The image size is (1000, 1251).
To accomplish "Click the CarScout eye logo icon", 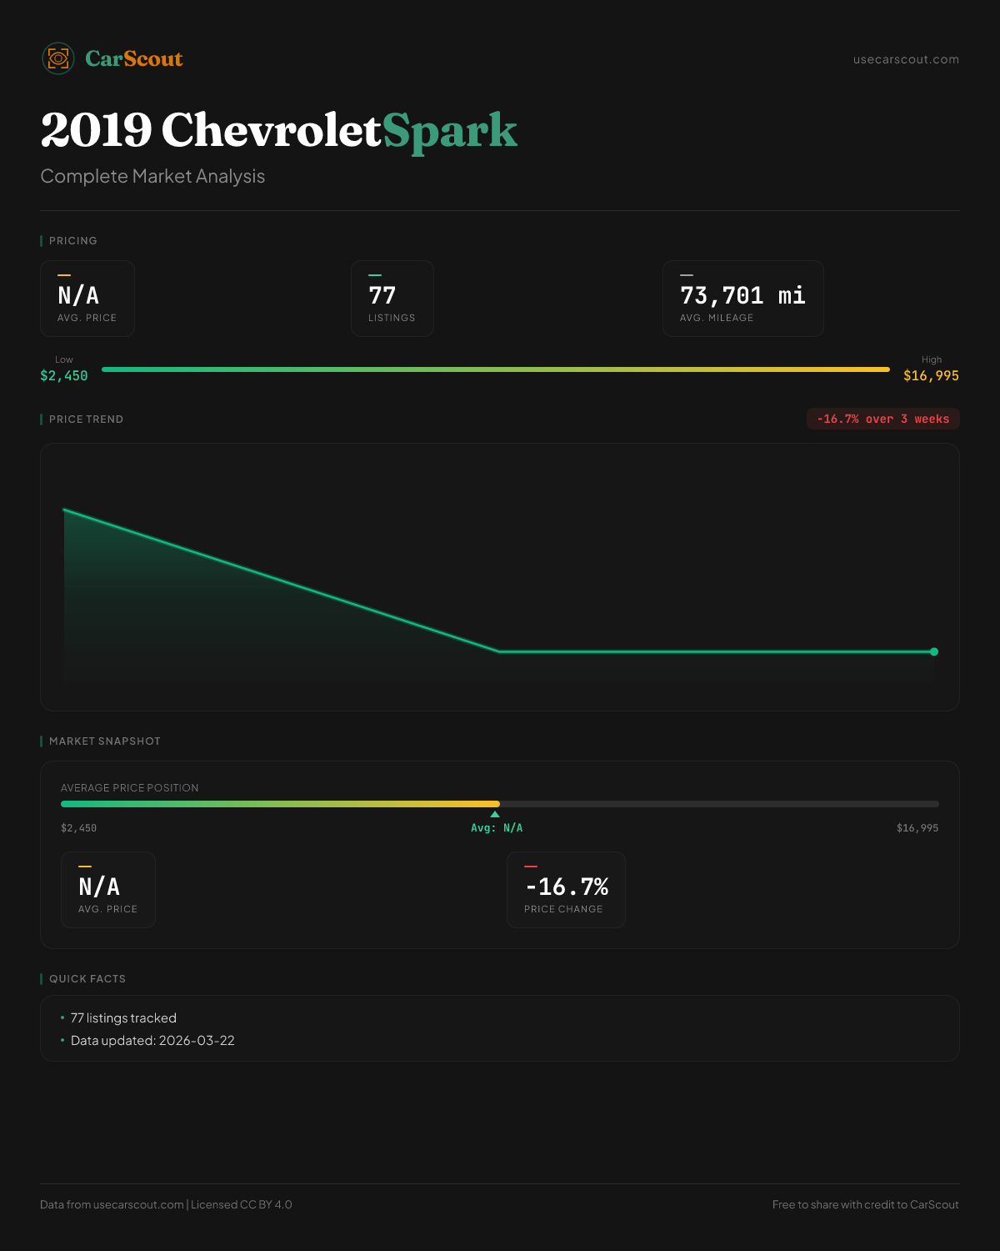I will click(x=58, y=58).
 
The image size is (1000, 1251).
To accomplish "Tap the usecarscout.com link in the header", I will click(x=906, y=60).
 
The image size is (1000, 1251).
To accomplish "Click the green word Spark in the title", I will click(x=450, y=131).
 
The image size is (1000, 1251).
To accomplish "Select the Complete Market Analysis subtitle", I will click(x=152, y=177).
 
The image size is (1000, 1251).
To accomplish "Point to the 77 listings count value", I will click(x=382, y=296).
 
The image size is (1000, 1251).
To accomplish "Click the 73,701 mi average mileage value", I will click(x=742, y=296).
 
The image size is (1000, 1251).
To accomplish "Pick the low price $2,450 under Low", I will click(x=64, y=376).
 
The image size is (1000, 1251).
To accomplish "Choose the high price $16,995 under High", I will click(x=931, y=376).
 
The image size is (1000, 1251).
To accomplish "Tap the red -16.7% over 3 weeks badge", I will click(x=882, y=420).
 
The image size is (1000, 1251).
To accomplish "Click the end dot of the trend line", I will click(x=934, y=652).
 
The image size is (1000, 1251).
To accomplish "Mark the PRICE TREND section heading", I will click(x=86, y=420).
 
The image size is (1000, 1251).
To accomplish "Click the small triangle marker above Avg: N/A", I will click(x=495, y=814).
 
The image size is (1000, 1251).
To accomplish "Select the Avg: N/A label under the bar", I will click(x=497, y=828).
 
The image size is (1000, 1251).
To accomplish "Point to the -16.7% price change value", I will click(x=567, y=887).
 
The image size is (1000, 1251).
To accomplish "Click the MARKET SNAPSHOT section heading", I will click(x=104, y=741).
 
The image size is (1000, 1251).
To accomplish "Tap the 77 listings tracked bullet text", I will click(x=123, y=1018).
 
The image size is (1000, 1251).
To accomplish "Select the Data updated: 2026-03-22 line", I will click(x=152, y=1041).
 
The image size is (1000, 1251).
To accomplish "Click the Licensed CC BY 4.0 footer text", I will click(x=242, y=1205).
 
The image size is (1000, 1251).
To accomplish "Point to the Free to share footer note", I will click(x=865, y=1205).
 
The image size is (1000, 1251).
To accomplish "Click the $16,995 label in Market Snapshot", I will click(x=917, y=828).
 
